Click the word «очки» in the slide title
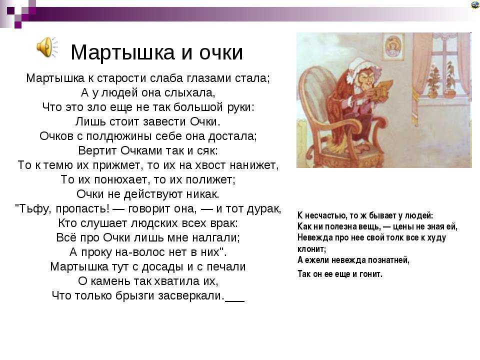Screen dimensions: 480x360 [x=221, y=52]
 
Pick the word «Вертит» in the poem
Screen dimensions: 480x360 [x=97, y=150]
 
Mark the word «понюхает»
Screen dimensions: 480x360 [x=120, y=179]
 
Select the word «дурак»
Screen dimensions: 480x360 [x=263, y=209]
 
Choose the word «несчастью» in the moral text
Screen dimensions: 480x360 [x=325, y=216]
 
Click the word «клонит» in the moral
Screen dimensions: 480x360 [x=311, y=249]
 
